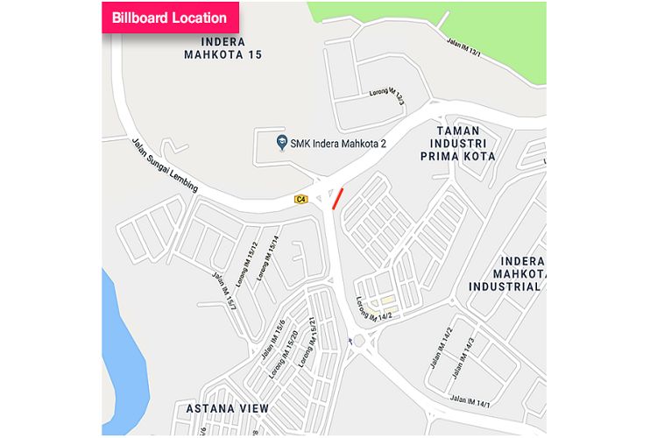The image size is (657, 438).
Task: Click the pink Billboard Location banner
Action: tap(169, 18)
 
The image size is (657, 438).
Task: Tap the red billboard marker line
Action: tap(337, 198)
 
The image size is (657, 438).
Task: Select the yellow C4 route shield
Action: tap(301, 200)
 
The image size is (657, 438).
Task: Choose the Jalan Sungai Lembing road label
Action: tap(164, 164)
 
